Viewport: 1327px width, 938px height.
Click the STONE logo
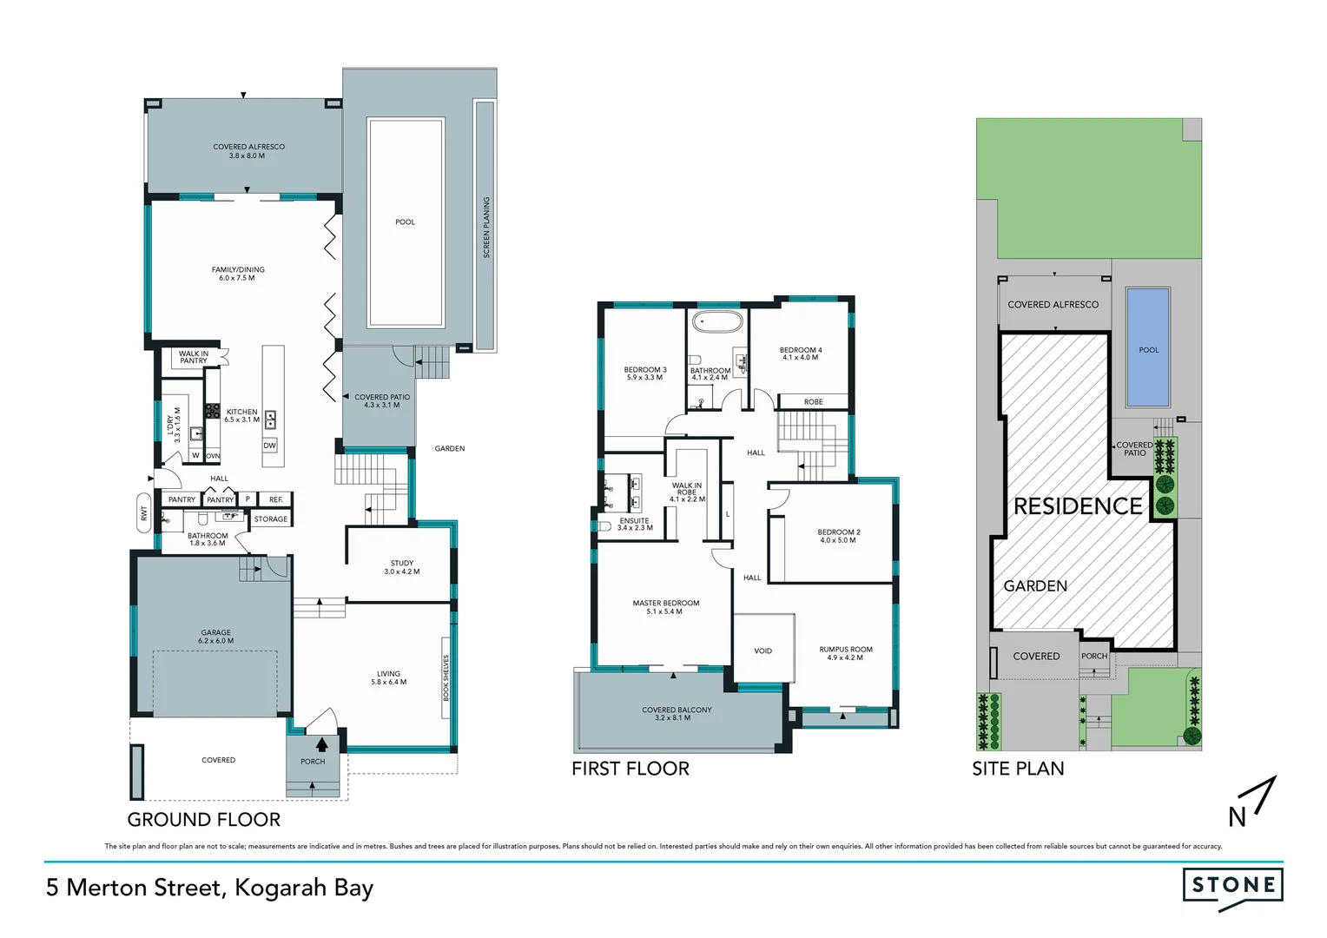pyautogui.click(x=1232, y=886)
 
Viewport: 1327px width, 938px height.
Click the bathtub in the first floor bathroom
pyautogui.click(x=717, y=323)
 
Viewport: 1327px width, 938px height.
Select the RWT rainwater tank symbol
pyautogui.click(x=143, y=513)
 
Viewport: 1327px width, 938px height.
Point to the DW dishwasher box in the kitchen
pyautogui.click(x=270, y=446)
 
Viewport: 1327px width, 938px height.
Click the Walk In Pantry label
pyautogui.click(x=194, y=357)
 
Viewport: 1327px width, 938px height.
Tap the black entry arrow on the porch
pyautogui.click(x=321, y=744)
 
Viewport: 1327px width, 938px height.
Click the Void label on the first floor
pyautogui.click(x=763, y=651)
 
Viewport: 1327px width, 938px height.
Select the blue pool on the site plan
pyautogui.click(x=1147, y=347)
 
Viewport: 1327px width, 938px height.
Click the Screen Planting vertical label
pyautogui.click(x=486, y=227)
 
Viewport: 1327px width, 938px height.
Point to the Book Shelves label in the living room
pyautogui.click(x=446, y=678)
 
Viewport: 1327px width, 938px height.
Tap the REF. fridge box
pyautogui.click(x=275, y=499)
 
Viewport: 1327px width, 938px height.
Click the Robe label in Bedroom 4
pyautogui.click(x=813, y=401)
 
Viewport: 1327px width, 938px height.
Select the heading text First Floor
pyautogui.click(x=630, y=769)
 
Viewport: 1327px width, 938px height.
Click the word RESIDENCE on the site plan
pyautogui.click(x=1078, y=506)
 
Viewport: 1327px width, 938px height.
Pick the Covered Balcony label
pyautogui.click(x=677, y=714)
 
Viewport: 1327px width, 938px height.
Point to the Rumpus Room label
pyautogui.click(x=845, y=653)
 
